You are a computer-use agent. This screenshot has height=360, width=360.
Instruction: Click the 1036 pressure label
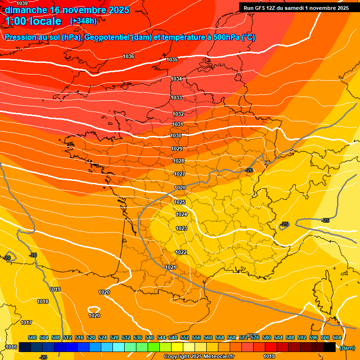click(128, 56)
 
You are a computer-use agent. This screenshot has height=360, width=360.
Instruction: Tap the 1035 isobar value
click(172, 60)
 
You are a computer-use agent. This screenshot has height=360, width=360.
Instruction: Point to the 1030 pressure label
click(176, 135)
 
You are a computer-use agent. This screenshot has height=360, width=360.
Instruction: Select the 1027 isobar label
click(180, 174)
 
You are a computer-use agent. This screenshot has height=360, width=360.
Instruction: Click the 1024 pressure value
click(181, 214)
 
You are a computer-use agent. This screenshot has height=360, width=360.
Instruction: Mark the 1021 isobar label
click(171, 267)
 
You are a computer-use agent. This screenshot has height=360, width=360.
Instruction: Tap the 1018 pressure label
click(43, 301)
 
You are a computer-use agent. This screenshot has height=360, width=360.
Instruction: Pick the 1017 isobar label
click(26, 322)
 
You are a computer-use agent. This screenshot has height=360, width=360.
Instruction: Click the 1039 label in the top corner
click(22, 4)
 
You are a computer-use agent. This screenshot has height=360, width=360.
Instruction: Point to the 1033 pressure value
click(176, 97)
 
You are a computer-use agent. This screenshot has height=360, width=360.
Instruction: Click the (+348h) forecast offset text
click(83, 21)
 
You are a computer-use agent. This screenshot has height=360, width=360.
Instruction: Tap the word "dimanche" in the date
click(26, 10)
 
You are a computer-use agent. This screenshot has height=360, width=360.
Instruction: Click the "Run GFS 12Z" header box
click(296, 8)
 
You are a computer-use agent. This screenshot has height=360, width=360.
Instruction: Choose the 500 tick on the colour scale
click(32, 337)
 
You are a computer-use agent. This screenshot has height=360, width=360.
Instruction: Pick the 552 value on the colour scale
click(185, 337)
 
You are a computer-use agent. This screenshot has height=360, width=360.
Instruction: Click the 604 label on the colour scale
click(337, 337)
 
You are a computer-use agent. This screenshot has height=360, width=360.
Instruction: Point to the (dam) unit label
click(347, 348)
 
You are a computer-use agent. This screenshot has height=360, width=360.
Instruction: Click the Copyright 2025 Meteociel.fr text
click(199, 356)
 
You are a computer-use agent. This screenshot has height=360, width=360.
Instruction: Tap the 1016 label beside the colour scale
click(11, 347)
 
